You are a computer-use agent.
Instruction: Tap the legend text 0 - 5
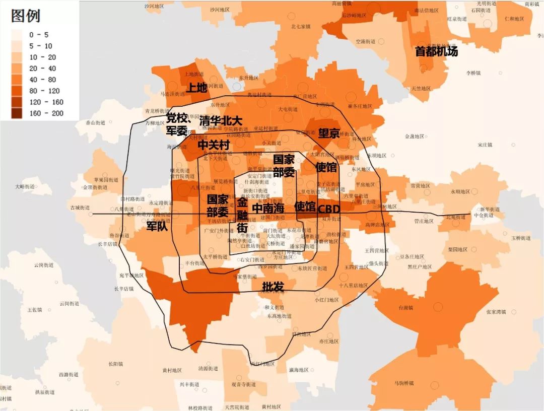[39, 35]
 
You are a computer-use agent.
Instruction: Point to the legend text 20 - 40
[43, 68]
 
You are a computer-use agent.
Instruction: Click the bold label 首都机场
[436, 51]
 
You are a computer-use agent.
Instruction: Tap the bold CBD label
[328, 209]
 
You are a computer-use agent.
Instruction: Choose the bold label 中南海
[268, 208]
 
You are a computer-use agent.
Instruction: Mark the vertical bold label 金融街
[242, 215]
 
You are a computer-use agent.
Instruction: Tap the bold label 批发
[273, 287]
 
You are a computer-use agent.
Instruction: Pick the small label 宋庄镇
[487, 145]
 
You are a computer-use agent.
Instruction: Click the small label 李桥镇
[473, 73]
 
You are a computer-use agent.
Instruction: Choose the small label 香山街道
[95, 122]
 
